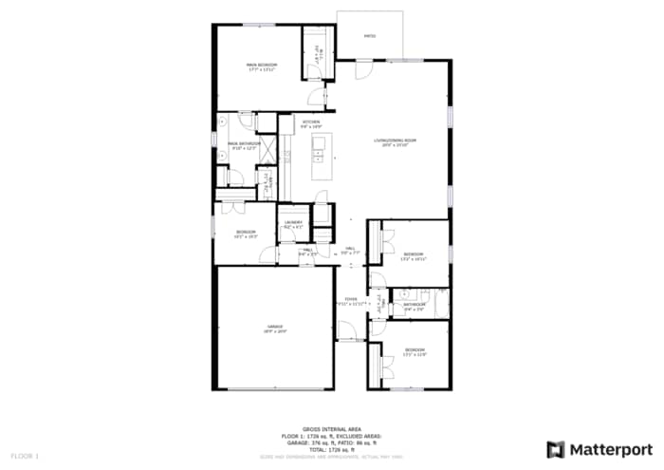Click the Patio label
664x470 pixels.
[x=370, y=37]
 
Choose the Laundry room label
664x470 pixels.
[x=292, y=224]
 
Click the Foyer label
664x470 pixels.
[x=350, y=300]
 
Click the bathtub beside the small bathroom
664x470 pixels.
[x=439, y=304]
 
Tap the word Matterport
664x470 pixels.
[x=612, y=449]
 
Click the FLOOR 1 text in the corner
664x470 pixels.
[x=25, y=457]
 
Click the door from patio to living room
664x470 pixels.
[x=363, y=69]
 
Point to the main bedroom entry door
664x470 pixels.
[x=327, y=96]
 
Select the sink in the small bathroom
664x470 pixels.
[x=402, y=295]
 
